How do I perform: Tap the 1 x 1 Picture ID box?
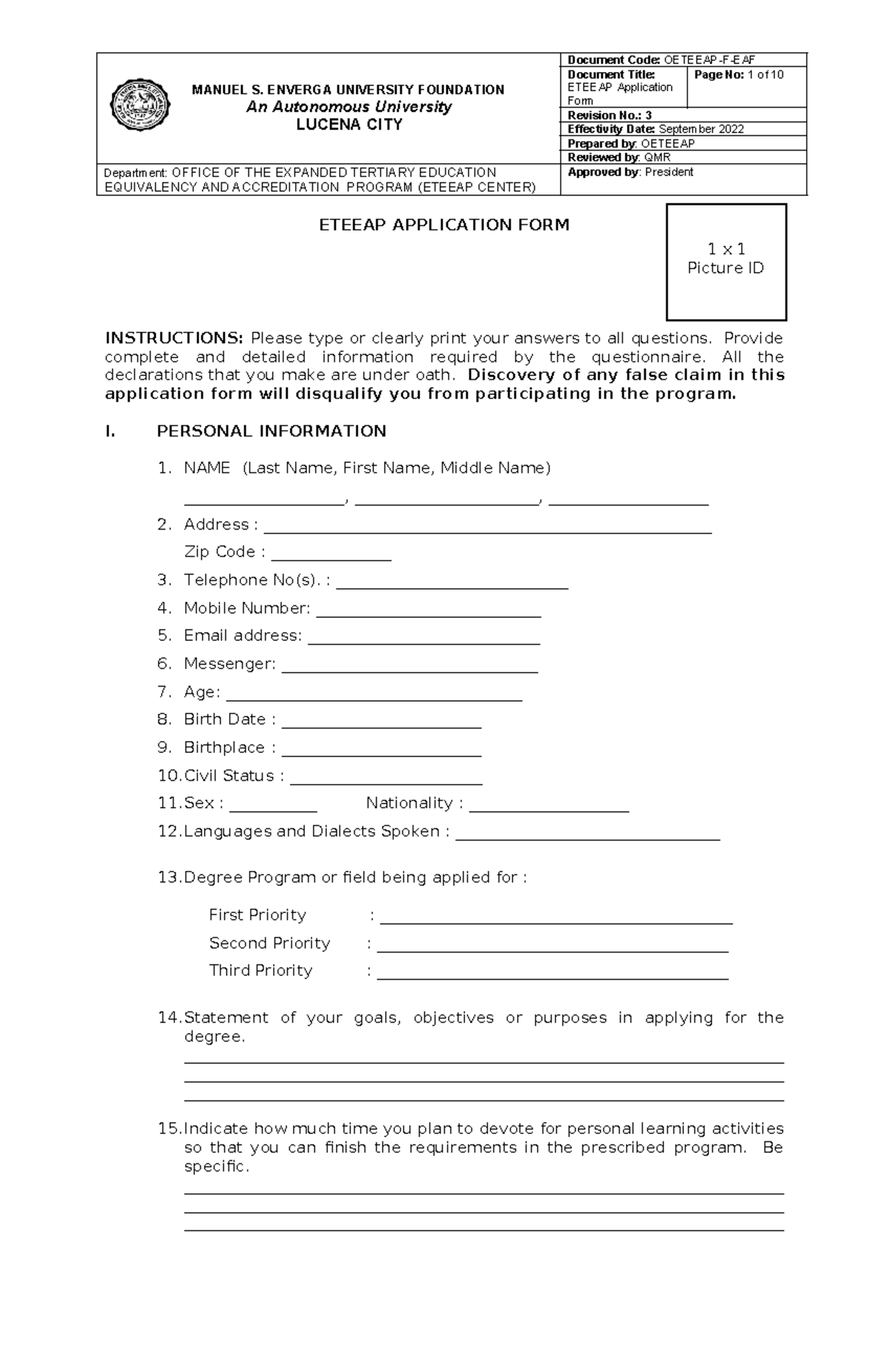726,262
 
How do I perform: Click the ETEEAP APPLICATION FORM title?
444,225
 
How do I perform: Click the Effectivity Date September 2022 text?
656,129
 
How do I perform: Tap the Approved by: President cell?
630,172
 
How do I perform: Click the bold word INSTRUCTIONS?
174,338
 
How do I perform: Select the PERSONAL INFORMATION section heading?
271,431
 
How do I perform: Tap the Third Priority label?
260,970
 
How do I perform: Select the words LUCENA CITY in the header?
349,125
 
